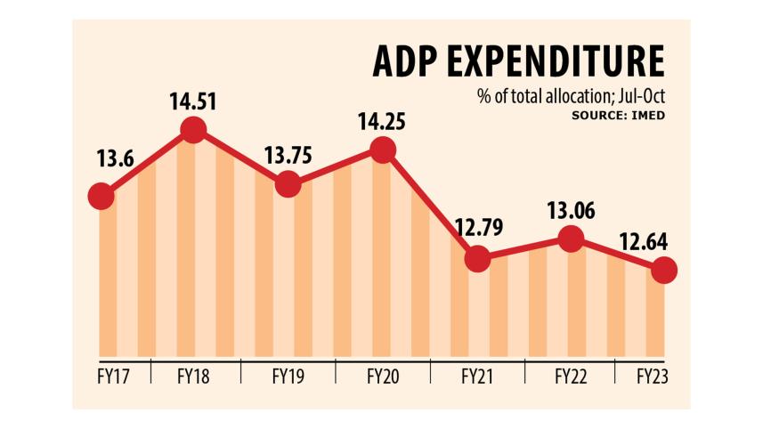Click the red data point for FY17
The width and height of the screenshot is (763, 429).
(x=101, y=196)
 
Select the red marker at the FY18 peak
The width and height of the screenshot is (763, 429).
(x=193, y=131)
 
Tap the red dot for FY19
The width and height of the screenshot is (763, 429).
(x=288, y=184)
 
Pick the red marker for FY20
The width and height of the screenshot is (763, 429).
(x=382, y=150)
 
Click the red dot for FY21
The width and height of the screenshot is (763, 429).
(x=477, y=259)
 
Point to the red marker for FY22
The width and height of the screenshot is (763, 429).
(x=571, y=239)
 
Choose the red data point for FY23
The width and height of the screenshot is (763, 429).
(x=663, y=270)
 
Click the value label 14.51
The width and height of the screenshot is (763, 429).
(x=193, y=100)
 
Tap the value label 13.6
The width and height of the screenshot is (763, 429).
(x=116, y=160)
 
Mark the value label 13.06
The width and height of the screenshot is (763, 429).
(x=570, y=210)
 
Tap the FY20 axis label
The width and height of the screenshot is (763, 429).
(x=382, y=376)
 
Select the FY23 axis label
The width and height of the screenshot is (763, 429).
(x=653, y=376)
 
